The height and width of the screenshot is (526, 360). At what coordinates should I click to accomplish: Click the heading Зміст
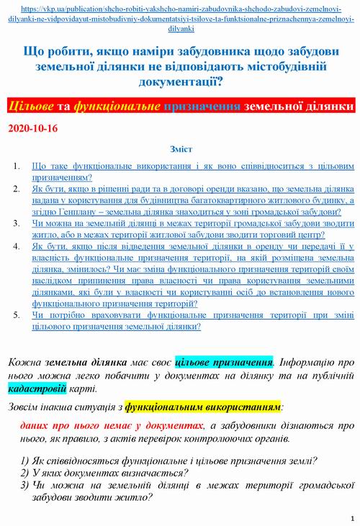click(180, 150)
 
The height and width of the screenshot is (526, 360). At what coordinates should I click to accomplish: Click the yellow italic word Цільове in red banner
click(33, 106)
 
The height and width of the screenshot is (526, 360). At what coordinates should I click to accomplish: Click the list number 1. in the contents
click(19, 165)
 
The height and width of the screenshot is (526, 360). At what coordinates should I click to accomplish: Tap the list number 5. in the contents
click(19, 315)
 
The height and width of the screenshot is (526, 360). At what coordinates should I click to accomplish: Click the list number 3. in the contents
click(19, 224)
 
